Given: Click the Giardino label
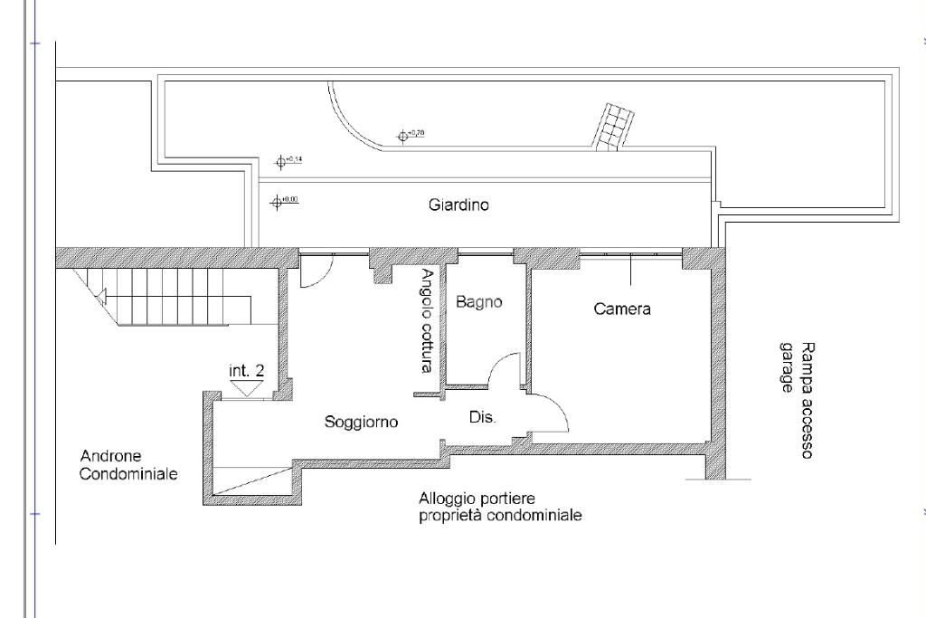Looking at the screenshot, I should point(458,205).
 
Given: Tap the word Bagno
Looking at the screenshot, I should point(478,302).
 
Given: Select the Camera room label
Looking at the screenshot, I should point(622,309).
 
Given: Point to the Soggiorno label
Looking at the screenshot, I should point(362,422).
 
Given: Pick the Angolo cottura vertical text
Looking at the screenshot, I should point(427,321).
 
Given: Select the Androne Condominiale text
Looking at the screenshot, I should point(128,465).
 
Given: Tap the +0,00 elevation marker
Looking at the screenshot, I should point(278,202).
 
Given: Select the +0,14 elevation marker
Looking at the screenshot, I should point(281,162).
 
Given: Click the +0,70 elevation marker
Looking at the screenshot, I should point(403,137).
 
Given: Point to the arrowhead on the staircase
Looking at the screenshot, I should point(102,294).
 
